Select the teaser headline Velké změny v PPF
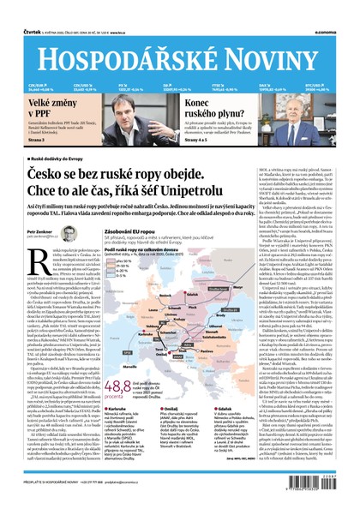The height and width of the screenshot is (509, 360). (33, 105)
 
